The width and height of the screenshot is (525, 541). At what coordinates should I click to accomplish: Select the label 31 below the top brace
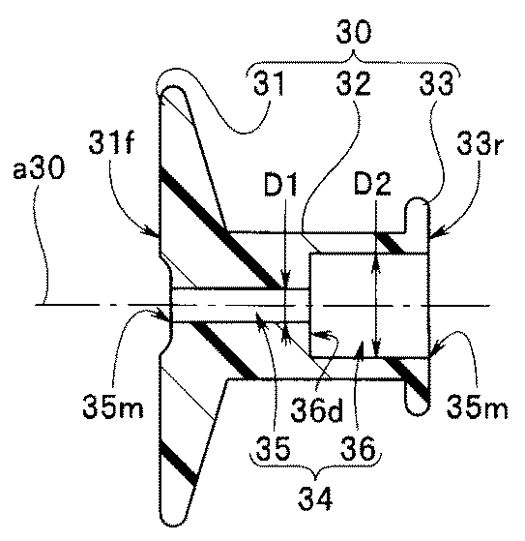pyautogui.click(x=269, y=83)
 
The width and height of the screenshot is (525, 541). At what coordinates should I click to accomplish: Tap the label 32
pyautogui.click(x=354, y=83)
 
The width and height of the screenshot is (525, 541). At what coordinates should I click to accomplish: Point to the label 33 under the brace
pyautogui.click(x=436, y=83)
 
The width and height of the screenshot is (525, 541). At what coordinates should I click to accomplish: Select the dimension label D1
pyautogui.click(x=280, y=184)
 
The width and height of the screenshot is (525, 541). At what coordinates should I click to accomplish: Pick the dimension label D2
pyautogui.click(x=372, y=184)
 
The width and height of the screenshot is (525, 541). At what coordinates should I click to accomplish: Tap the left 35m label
pyautogui.click(x=113, y=406)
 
